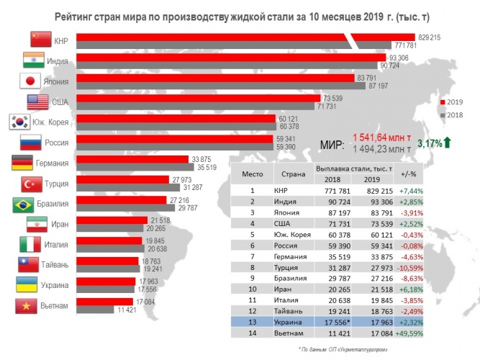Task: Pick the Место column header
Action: [x=252, y=174]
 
